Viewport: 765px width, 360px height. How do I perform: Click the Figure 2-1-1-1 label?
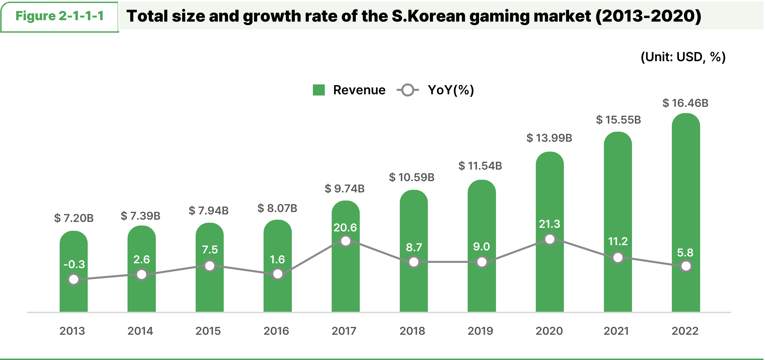coord(59,16)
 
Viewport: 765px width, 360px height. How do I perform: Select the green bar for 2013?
coord(74,297)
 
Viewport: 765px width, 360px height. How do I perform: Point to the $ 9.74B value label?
coord(344,188)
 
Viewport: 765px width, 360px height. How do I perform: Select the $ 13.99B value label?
coord(549,138)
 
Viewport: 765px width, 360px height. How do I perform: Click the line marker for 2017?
coord(346,241)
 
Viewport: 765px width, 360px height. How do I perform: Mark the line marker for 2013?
coord(74,279)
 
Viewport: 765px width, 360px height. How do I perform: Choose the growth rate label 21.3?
coord(549,224)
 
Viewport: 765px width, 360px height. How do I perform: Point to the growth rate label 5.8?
coord(685,253)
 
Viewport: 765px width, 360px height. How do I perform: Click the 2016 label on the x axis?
coord(276,331)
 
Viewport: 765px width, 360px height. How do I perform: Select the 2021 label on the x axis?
coord(616,331)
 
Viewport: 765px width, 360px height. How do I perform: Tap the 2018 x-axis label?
coord(412,331)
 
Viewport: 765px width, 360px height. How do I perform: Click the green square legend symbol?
coord(319,90)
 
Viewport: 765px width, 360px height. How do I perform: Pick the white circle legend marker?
coord(408,90)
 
